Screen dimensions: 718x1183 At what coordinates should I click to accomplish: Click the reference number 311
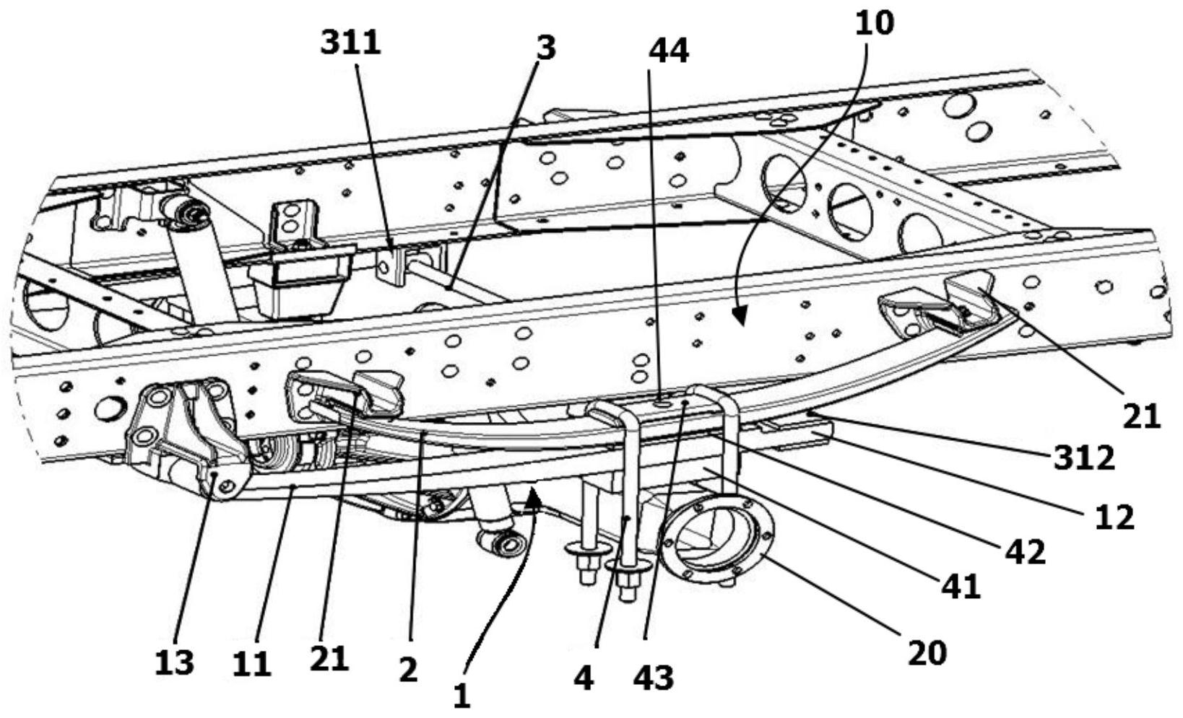click(x=351, y=44)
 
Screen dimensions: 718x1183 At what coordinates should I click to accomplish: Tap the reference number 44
click(x=669, y=51)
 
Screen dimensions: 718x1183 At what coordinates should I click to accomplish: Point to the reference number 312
click(x=1082, y=457)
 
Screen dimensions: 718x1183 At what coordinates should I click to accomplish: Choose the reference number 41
click(x=961, y=586)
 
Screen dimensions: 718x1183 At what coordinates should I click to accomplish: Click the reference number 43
click(x=654, y=678)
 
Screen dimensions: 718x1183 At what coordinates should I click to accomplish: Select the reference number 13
click(x=174, y=662)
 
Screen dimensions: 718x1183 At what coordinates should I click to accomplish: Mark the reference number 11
click(x=251, y=663)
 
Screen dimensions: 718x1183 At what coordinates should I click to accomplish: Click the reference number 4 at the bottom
click(x=583, y=678)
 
